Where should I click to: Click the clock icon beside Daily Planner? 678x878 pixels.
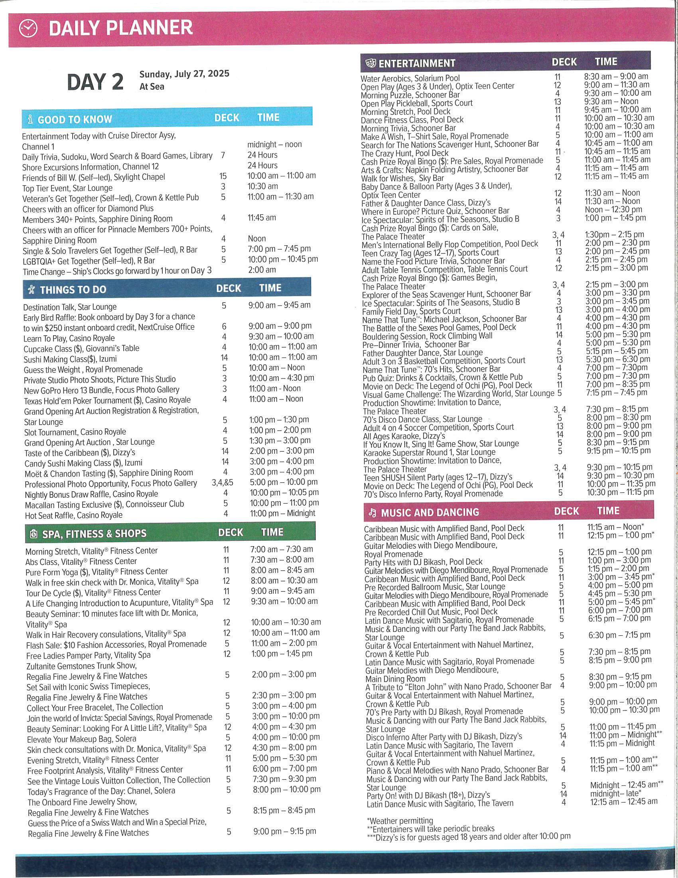coord(28,29)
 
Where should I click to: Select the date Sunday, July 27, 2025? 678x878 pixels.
coord(184,74)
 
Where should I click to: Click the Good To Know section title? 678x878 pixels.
coord(75,119)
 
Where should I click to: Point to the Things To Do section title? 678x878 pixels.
coord(73,290)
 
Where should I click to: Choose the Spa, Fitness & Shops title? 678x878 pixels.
coord(94,534)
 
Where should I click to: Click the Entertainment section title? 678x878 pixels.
coord(416,63)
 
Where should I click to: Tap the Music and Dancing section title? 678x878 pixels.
coord(430,512)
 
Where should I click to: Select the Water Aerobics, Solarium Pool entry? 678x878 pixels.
coord(410,78)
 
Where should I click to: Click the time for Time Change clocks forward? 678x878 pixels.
coord(262,270)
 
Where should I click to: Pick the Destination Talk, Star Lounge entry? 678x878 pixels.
coord(70,307)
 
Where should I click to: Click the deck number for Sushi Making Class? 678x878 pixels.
coord(224,358)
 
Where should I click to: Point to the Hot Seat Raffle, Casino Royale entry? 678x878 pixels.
coord(73,515)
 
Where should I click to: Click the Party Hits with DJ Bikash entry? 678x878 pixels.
coord(423,562)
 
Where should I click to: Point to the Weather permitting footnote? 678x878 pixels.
coord(400,821)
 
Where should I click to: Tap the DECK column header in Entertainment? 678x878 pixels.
coord(564,62)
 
